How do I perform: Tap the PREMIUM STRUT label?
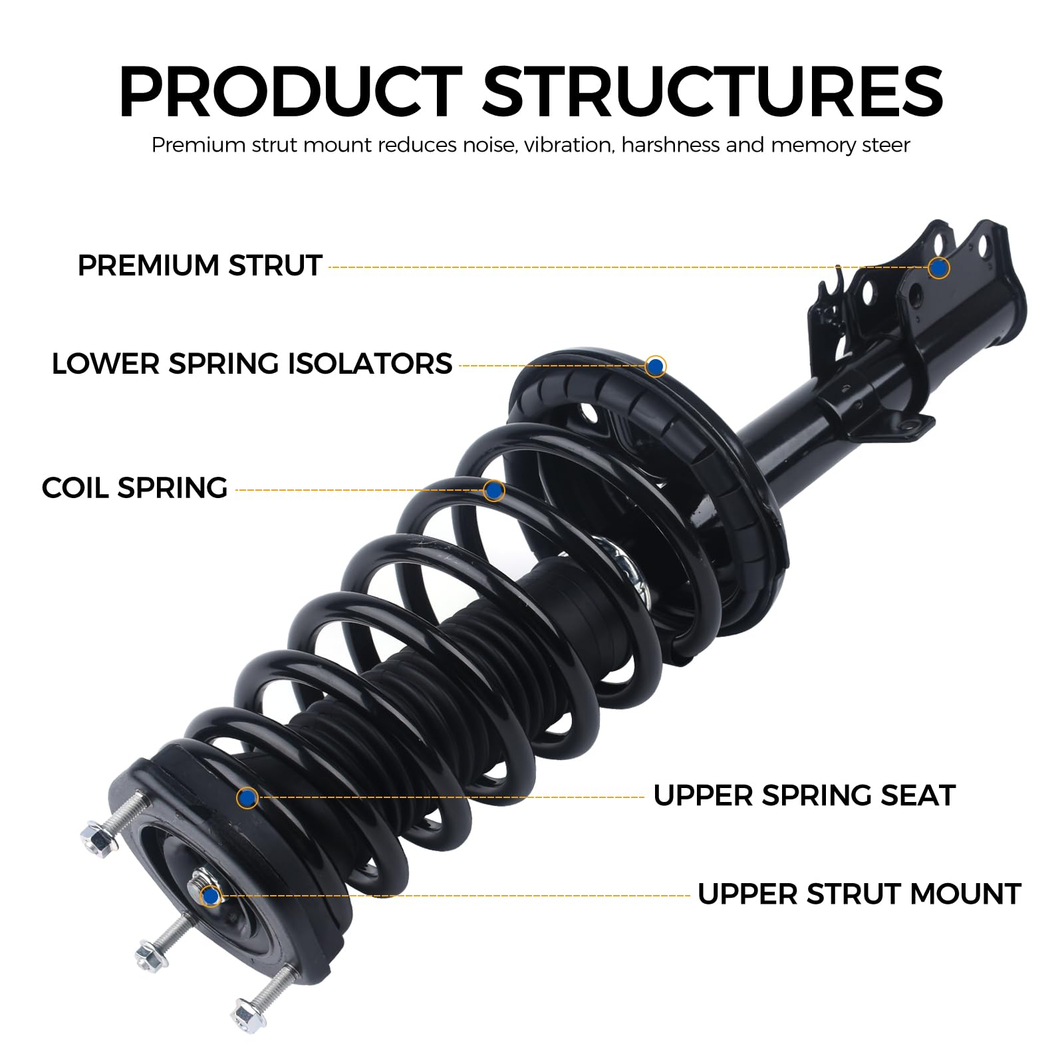click(x=199, y=265)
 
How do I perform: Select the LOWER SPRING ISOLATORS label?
click(x=251, y=364)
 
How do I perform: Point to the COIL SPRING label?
click(x=134, y=488)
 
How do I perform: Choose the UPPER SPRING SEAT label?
click(x=804, y=795)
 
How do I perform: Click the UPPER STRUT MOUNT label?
click(x=859, y=894)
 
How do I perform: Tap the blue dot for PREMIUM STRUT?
click(x=938, y=267)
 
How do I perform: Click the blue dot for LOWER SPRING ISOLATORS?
click(x=656, y=366)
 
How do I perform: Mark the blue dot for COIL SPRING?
click(x=493, y=491)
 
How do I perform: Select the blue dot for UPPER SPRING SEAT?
click(x=247, y=797)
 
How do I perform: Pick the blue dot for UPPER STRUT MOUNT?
click(x=211, y=896)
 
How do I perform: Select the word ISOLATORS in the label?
click(x=370, y=364)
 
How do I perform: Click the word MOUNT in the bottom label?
click(x=965, y=894)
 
